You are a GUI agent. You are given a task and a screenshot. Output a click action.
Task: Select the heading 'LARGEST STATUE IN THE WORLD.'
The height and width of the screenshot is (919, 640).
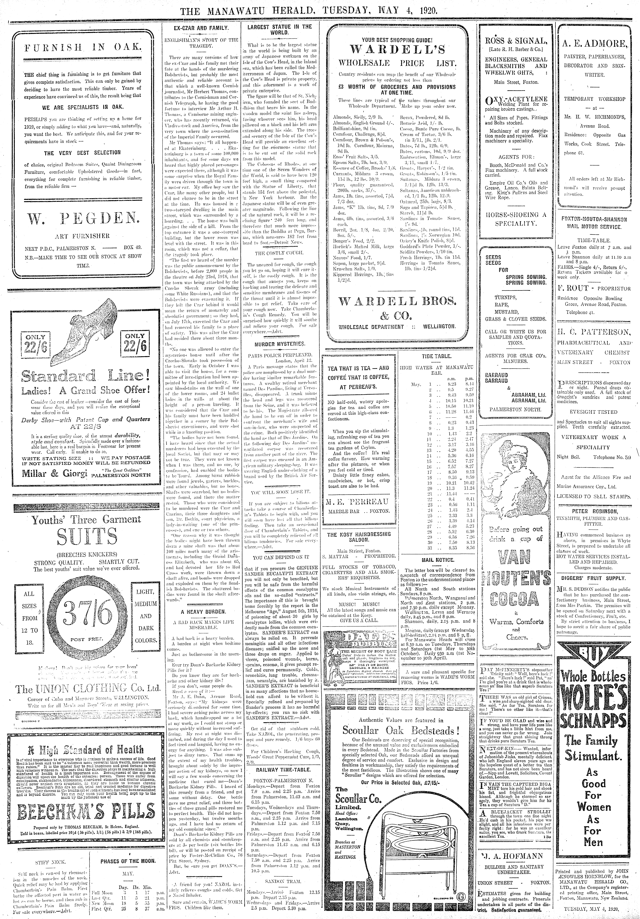[279, 30]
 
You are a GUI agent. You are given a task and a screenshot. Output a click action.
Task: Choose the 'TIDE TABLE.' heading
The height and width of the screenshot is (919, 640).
[436, 356]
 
